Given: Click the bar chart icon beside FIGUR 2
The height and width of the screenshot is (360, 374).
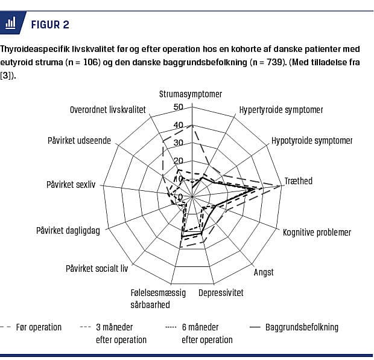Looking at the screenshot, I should pos(11,24).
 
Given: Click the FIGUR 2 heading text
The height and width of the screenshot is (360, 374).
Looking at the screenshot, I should pos(49,24).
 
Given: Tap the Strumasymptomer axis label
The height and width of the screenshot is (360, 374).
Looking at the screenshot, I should pos(191,94).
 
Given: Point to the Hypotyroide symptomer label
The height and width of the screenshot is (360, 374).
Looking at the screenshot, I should pos(312,141).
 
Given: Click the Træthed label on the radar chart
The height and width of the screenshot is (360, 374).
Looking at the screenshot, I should pos(299,181).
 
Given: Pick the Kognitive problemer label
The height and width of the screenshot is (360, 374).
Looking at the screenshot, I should pos(317,233).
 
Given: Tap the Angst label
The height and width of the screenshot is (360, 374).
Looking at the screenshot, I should pos(264,272).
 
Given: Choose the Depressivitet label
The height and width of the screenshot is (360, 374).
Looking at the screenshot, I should pos(221,292).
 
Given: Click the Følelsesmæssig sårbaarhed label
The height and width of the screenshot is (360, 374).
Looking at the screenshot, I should pos(159,298).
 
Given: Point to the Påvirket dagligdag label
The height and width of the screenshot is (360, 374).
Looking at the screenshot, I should pos(68,230).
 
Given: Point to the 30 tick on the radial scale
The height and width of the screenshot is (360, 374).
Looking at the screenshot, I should pos(178,143).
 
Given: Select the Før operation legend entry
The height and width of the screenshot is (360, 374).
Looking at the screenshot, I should pos(41,327).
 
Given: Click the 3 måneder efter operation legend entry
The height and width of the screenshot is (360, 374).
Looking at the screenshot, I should pos(121,333).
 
